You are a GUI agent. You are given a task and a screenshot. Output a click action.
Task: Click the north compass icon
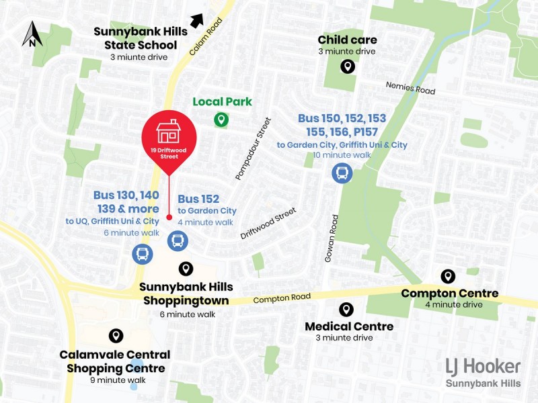click(32, 34)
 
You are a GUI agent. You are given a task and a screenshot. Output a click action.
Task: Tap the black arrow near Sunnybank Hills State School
click(196, 20)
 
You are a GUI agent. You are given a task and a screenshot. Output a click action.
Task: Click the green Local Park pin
click(221, 120)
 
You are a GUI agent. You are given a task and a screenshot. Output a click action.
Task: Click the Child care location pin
click(347, 66)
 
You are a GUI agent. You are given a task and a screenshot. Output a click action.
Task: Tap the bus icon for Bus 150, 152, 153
click(342, 174)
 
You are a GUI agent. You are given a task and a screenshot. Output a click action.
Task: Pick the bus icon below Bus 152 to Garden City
click(177, 240)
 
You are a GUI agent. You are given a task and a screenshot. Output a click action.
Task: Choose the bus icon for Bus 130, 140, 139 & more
click(143, 253)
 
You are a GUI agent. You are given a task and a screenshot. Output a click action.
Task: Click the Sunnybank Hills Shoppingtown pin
click(185, 269)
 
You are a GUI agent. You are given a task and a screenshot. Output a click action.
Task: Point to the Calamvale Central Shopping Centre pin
click(116, 336)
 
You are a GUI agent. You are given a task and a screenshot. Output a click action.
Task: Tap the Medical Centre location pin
click(346, 309)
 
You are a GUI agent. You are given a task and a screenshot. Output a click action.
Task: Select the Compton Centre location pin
click(447, 276)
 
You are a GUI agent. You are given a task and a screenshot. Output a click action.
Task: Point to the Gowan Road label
click(330, 238)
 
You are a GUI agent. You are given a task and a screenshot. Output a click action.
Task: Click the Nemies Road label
click(410, 88)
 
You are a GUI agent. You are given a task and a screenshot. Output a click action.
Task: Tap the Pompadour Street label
click(253, 148)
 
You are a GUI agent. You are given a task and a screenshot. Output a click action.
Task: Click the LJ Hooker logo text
click(483, 367)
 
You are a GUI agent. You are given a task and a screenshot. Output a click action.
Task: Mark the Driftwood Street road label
click(268, 224)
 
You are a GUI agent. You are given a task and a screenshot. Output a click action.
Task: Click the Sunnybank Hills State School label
click(140, 38)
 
